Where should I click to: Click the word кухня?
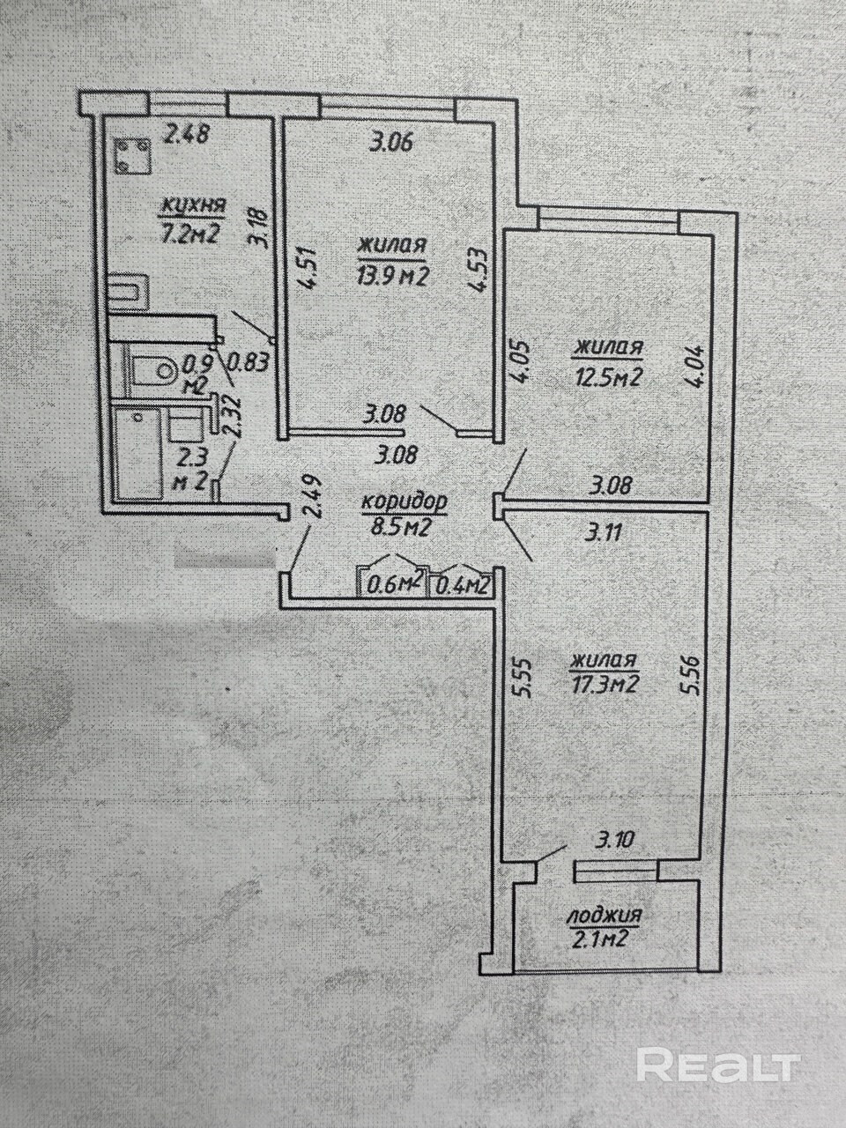pyautogui.click(x=193, y=205)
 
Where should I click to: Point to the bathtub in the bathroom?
pyautogui.click(x=137, y=453)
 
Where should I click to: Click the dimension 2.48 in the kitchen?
pyautogui.click(x=187, y=135)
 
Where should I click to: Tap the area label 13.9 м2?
pyautogui.click(x=392, y=278)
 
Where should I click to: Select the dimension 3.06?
pyautogui.click(x=392, y=144)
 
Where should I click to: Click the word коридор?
pyautogui.click(x=404, y=503)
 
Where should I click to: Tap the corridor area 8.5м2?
pyautogui.click(x=400, y=527)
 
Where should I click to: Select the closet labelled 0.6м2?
pyautogui.click(x=392, y=584)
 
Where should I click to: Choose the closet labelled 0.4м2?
pyautogui.click(x=461, y=584)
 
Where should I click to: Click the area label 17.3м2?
pyautogui.click(x=605, y=685)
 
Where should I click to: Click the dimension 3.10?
pyautogui.click(x=614, y=840)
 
